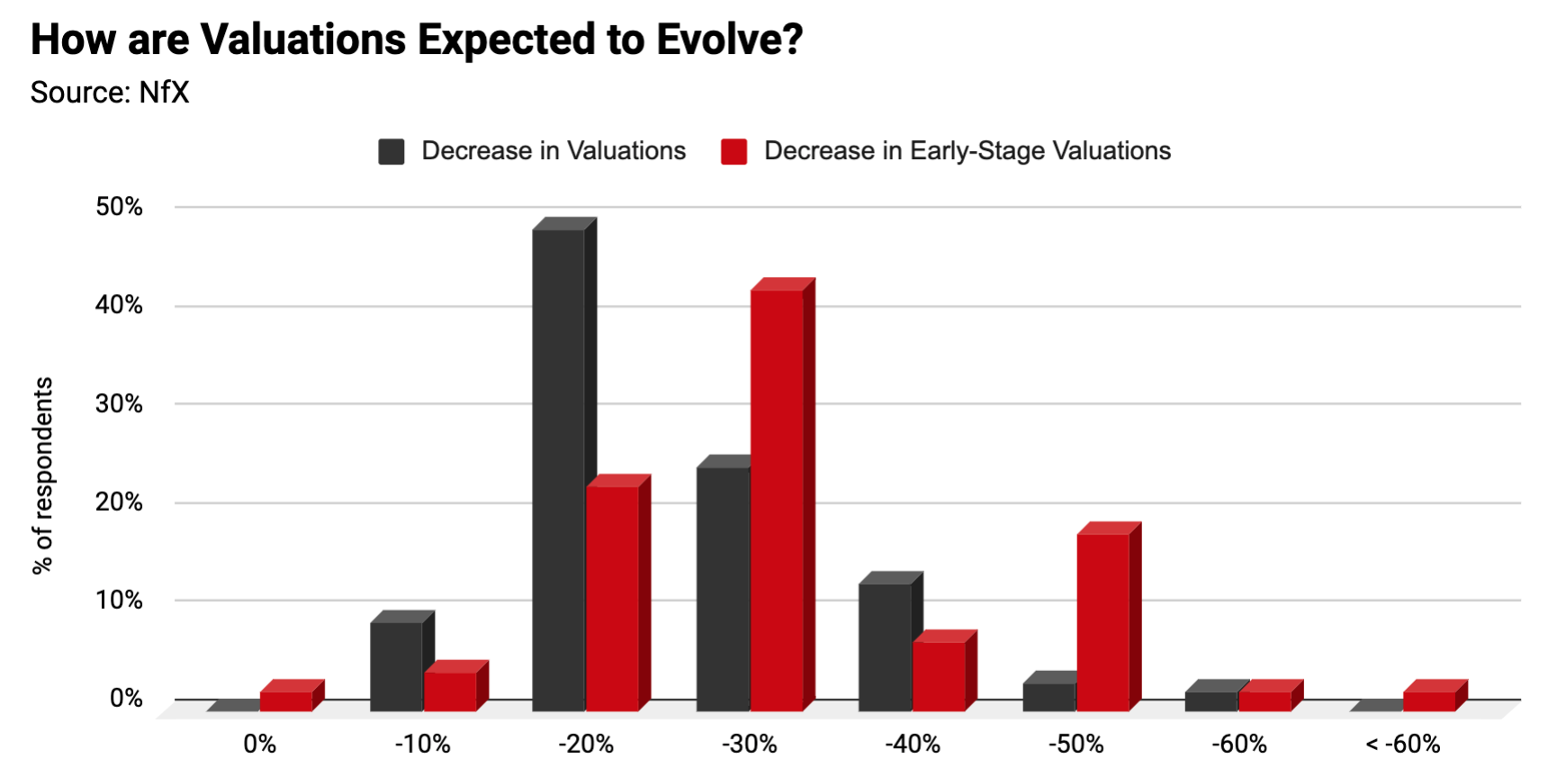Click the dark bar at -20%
point(559,468)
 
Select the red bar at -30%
point(777,499)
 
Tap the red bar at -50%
point(1102,621)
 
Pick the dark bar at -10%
point(396,665)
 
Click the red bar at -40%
point(939,675)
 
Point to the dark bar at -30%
point(723,589)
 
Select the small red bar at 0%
point(286,701)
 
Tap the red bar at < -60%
point(1429,701)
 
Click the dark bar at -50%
point(1049,696)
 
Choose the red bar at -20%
point(612,598)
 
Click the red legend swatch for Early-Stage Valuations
point(733,151)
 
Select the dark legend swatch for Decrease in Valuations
point(391,151)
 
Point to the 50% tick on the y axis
point(119,207)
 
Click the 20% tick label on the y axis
point(119,502)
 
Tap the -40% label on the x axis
point(913,745)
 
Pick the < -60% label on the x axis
point(1402,745)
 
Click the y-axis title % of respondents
point(42,475)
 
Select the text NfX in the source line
point(164,93)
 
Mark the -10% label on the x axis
point(423,745)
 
